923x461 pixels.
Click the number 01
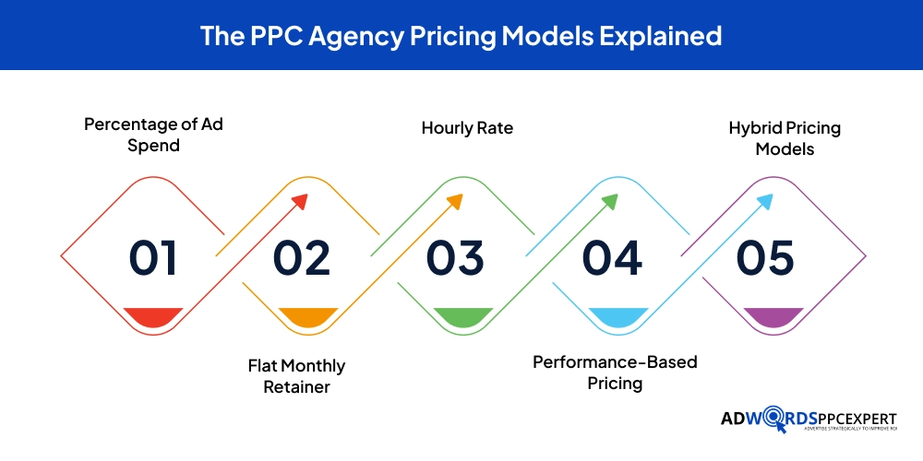[153, 257]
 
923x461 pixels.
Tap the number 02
[302, 257]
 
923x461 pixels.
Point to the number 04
[612, 257]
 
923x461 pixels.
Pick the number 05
[765, 257]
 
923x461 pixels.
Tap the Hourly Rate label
[467, 128]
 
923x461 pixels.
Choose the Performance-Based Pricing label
[615, 372]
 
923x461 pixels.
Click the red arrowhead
[299, 203]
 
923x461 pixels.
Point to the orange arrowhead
[454, 203]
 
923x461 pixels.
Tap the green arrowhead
[609, 203]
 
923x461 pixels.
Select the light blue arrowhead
[765, 203]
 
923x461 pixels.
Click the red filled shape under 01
[153, 316]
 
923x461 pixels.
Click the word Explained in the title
[660, 36]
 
